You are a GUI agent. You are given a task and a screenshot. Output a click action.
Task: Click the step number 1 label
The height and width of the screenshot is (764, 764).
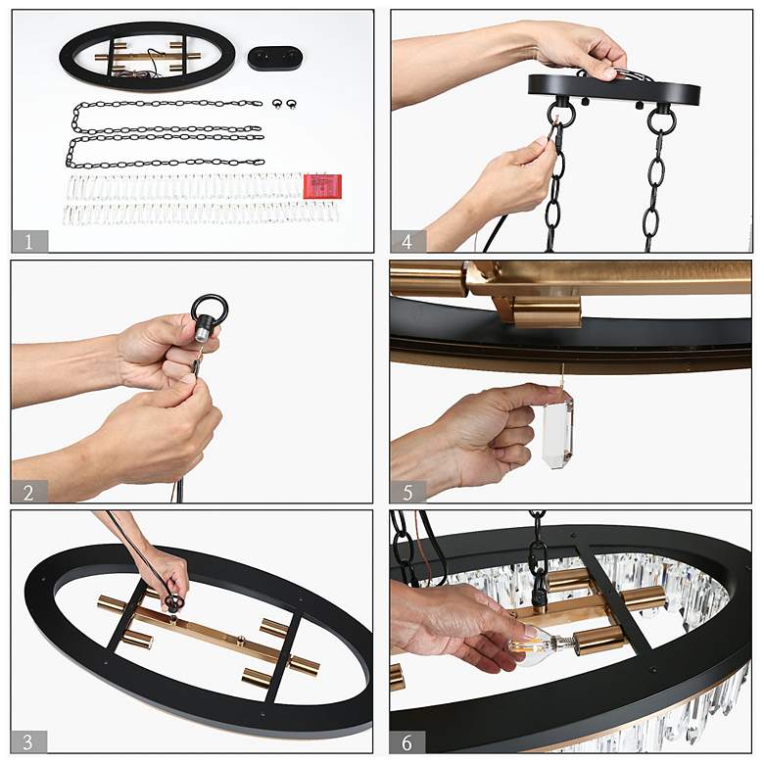[x=29, y=242]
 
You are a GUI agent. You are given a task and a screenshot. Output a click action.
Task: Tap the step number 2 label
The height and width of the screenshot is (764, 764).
[x=29, y=492]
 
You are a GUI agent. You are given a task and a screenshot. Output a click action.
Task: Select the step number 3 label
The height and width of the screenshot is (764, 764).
[x=28, y=741]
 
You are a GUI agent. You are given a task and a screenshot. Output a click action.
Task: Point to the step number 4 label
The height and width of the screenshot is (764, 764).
[x=407, y=242]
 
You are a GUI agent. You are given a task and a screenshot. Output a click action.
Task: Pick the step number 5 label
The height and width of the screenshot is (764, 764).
[x=407, y=492]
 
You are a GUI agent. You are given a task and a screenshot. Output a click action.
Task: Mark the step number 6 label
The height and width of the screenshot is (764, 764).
[x=406, y=742]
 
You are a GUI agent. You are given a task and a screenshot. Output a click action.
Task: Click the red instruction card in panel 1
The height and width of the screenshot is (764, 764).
[x=322, y=187]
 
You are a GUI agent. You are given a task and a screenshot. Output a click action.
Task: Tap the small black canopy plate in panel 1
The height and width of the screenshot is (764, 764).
[x=275, y=59]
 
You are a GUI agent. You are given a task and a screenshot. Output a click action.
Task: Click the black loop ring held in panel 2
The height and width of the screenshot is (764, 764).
[x=210, y=310]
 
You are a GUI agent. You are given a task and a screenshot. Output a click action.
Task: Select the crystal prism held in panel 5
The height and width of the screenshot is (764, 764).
[x=558, y=432]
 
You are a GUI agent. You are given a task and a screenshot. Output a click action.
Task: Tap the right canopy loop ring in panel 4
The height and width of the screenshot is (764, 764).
[x=661, y=120]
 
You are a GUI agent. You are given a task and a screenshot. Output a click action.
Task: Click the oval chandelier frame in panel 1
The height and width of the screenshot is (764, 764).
[x=147, y=56]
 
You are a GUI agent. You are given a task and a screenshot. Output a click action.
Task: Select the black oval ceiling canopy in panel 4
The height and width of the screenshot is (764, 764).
[x=614, y=91]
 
